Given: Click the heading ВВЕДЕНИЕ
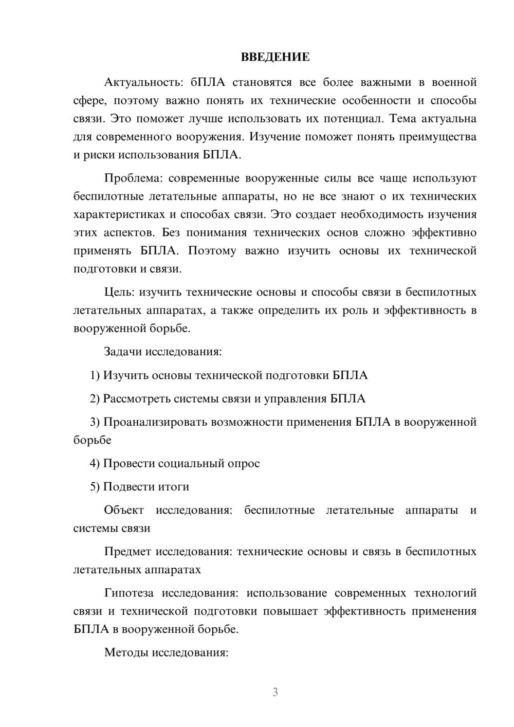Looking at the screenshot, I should [x=275, y=57].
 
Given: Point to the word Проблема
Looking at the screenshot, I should [x=133, y=178].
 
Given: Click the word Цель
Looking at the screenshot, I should [x=119, y=292].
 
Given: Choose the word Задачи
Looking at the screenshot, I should [x=123, y=352].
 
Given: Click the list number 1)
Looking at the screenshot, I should [x=95, y=375].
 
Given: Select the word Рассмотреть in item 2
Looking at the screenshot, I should [x=136, y=398].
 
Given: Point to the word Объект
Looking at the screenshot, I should [x=124, y=510].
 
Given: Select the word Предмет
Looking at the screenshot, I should [x=127, y=552].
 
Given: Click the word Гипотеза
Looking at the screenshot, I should [x=128, y=593].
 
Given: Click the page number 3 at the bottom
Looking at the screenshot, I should [x=275, y=692].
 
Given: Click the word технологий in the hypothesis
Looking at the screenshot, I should [x=445, y=593].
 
